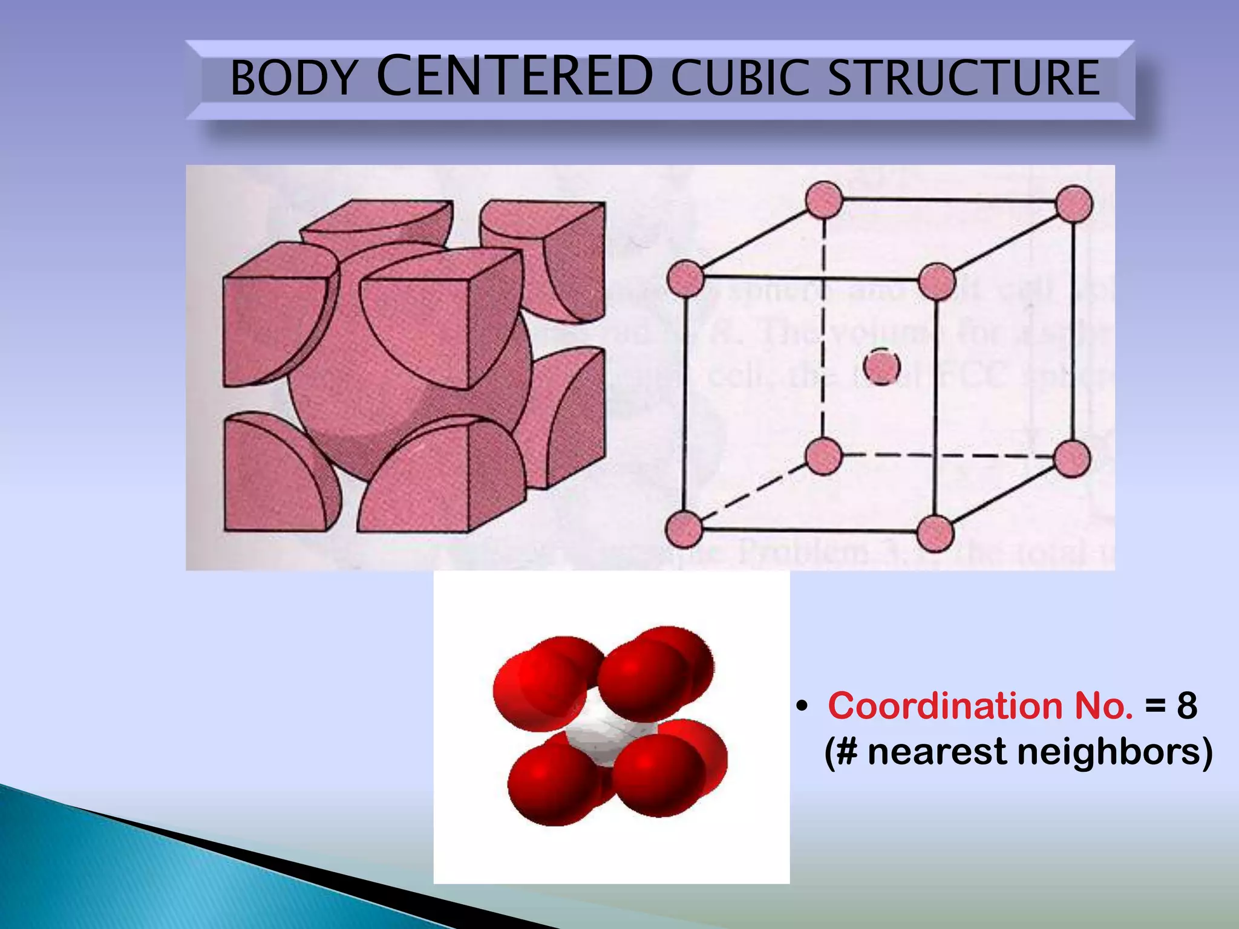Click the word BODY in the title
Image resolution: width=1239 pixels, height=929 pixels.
tap(294, 79)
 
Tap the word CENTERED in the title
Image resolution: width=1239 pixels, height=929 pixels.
tap(515, 76)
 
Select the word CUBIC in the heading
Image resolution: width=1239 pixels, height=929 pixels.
tap(740, 79)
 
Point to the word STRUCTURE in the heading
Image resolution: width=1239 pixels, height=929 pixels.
tap(963, 79)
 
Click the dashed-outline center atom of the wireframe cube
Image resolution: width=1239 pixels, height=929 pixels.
tap(881, 367)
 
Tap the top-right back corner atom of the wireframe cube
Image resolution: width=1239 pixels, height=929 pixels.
tap(1074, 204)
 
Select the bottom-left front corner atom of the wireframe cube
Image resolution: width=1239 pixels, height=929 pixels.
tap(684, 529)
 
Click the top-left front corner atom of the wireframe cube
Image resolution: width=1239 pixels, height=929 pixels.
tap(685, 279)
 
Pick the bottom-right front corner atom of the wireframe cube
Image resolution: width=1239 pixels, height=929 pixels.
tap(935, 533)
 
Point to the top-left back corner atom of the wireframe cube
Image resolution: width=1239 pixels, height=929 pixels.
tap(824, 199)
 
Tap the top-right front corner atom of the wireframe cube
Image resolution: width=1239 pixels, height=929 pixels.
tap(937, 281)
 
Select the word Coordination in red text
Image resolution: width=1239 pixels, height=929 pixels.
tap(944, 706)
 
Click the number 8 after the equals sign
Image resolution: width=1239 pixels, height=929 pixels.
tap(1187, 706)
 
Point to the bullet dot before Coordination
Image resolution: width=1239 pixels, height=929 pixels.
tap(802, 706)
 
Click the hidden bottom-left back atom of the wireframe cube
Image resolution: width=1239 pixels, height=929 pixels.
tap(824, 455)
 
